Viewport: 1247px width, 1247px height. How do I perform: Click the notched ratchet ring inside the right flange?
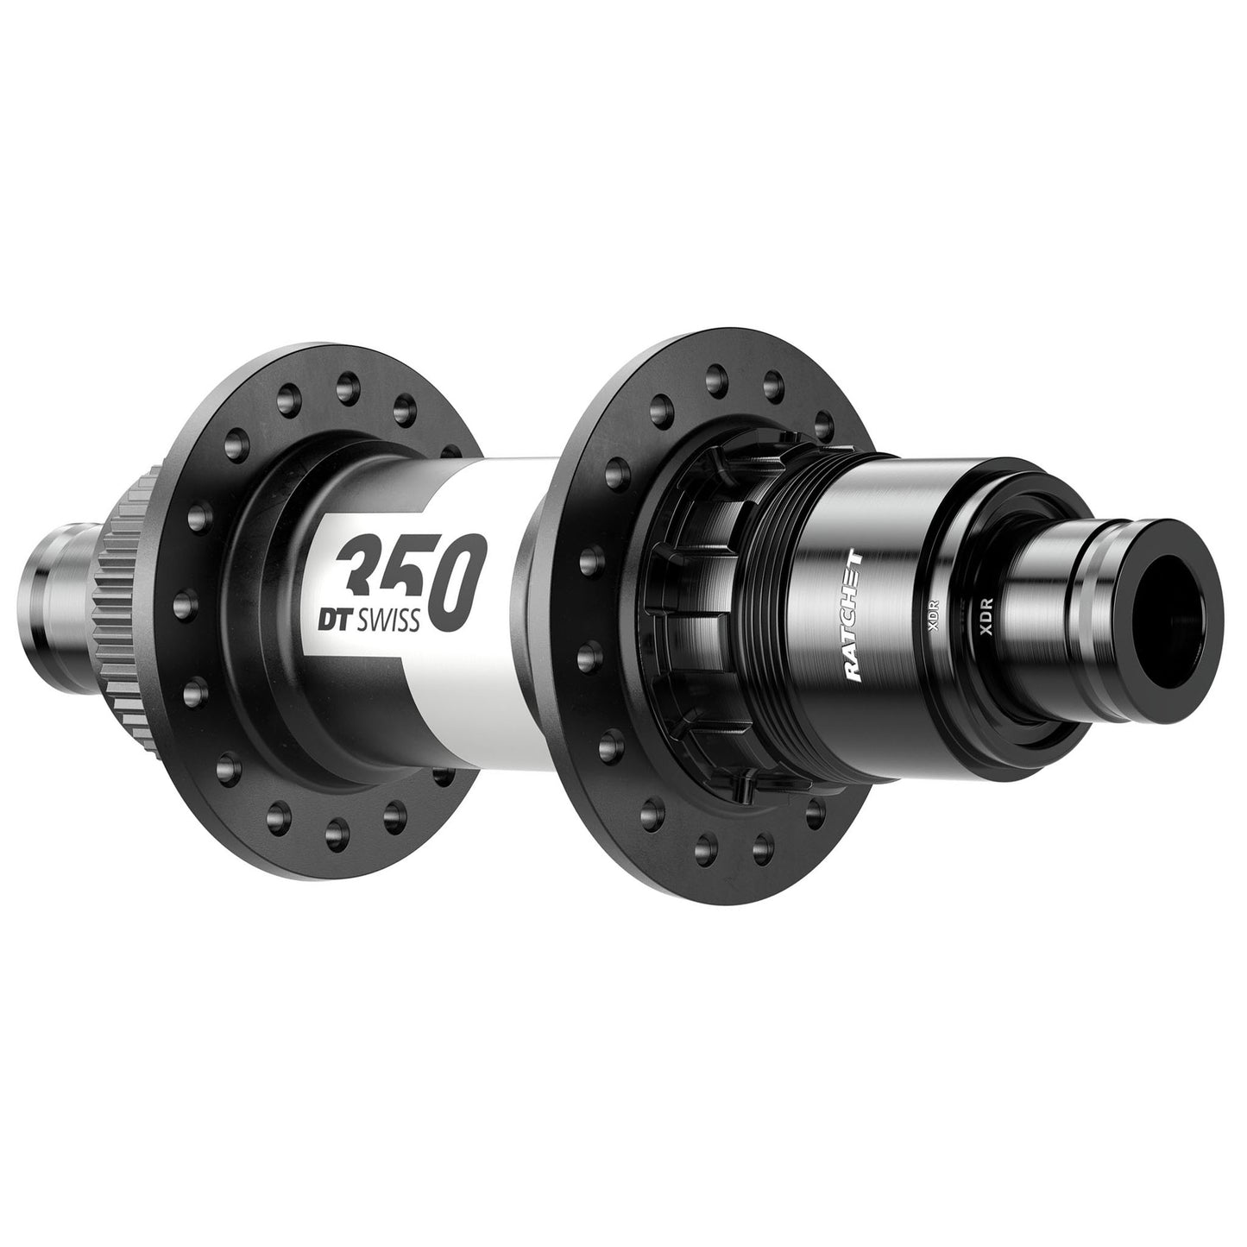690,604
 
